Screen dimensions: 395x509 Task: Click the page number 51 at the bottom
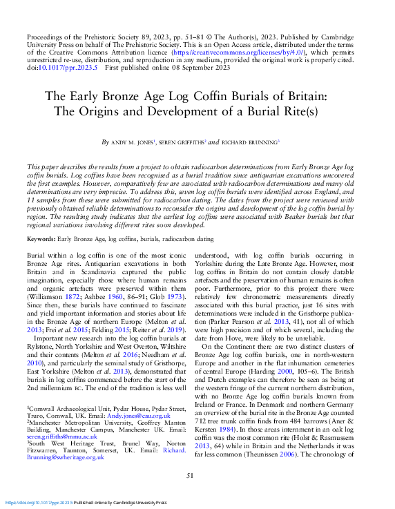pyautogui.click(x=197, y=475)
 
